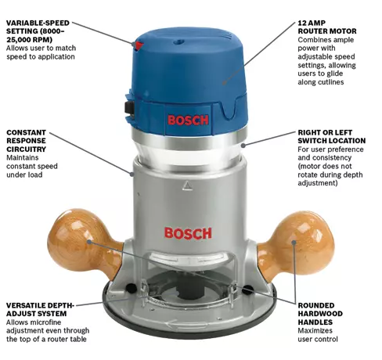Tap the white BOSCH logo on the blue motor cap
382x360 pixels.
pos(188,121)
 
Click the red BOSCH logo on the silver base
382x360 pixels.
pos(186,232)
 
